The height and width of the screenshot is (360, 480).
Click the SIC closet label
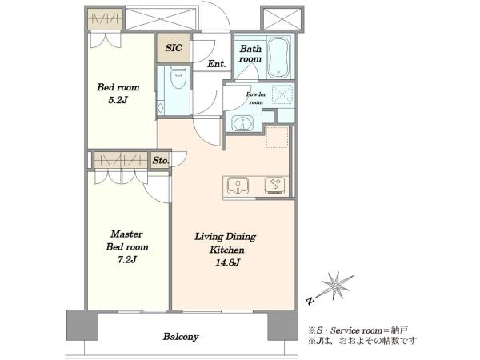click(174, 47)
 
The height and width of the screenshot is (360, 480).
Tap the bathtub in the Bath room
click(278, 57)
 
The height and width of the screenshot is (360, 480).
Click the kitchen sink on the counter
click(238, 186)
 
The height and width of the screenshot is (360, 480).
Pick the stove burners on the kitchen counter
click(274, 186)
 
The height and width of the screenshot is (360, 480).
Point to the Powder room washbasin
click(242, 123)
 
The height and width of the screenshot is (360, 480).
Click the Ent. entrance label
click(217, 64)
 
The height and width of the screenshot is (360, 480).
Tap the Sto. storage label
click(161, 161)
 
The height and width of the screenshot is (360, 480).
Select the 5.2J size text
click(118, 100)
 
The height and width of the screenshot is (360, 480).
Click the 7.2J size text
click(126, 259)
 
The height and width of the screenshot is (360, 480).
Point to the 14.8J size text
click(227, 262)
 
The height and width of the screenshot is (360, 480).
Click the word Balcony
click(181, 337)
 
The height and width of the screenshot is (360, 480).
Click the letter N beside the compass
click(310, 301)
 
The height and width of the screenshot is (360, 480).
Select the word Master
click(126, 234)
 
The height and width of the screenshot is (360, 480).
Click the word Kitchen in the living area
click(227, 250)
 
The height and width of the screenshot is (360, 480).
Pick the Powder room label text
click(256, 98)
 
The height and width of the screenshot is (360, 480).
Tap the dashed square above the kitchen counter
click(277, 138)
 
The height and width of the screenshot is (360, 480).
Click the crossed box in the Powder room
click(282, 93)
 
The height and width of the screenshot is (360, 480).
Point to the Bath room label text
click(250, 54)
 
